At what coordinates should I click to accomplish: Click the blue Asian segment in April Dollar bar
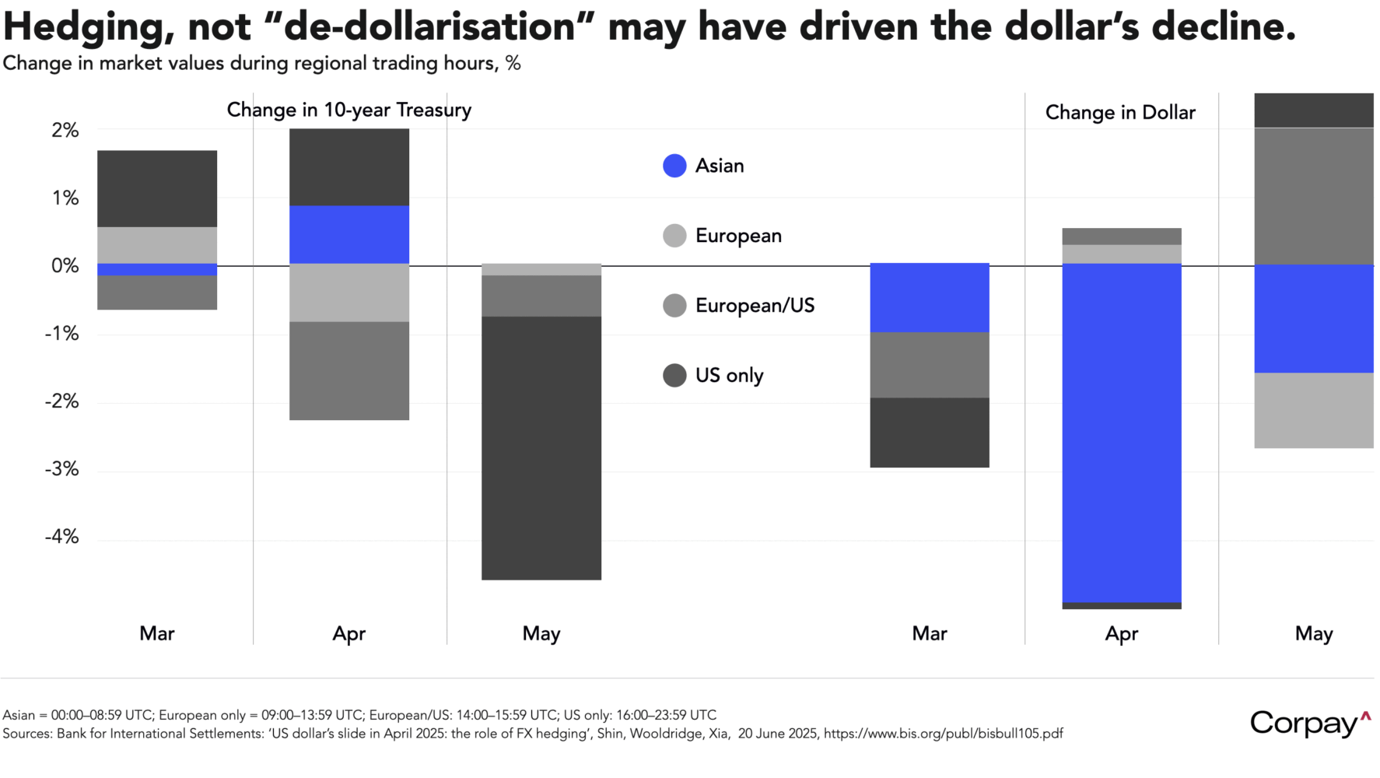point(1121,433)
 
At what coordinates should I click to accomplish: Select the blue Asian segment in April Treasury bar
point(349,234)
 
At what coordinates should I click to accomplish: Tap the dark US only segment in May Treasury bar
point(541,447)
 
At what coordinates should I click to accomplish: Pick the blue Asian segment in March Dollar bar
point(929,297)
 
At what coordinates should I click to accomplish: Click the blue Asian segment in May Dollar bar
point(1314,318)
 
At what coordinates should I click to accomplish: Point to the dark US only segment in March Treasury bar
point(157,188)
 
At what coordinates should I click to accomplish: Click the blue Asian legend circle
point(674,166)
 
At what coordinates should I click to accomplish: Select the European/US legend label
point(755,306)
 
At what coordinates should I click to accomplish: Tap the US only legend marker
point(674,376)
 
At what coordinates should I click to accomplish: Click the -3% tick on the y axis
point(61,469)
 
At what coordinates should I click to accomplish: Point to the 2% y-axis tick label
point(65,131)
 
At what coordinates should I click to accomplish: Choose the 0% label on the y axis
point(65,266)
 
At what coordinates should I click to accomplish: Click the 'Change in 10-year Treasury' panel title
point(349,110)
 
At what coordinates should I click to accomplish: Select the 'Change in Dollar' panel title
point(1120,113)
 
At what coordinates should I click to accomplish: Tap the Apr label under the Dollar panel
point(1121,633)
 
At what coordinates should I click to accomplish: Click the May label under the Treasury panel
point(541,633)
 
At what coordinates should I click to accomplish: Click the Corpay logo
point(1309,723)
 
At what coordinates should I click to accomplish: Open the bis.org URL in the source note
point(943,734)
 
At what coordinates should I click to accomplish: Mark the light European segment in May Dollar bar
point(1314,410)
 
